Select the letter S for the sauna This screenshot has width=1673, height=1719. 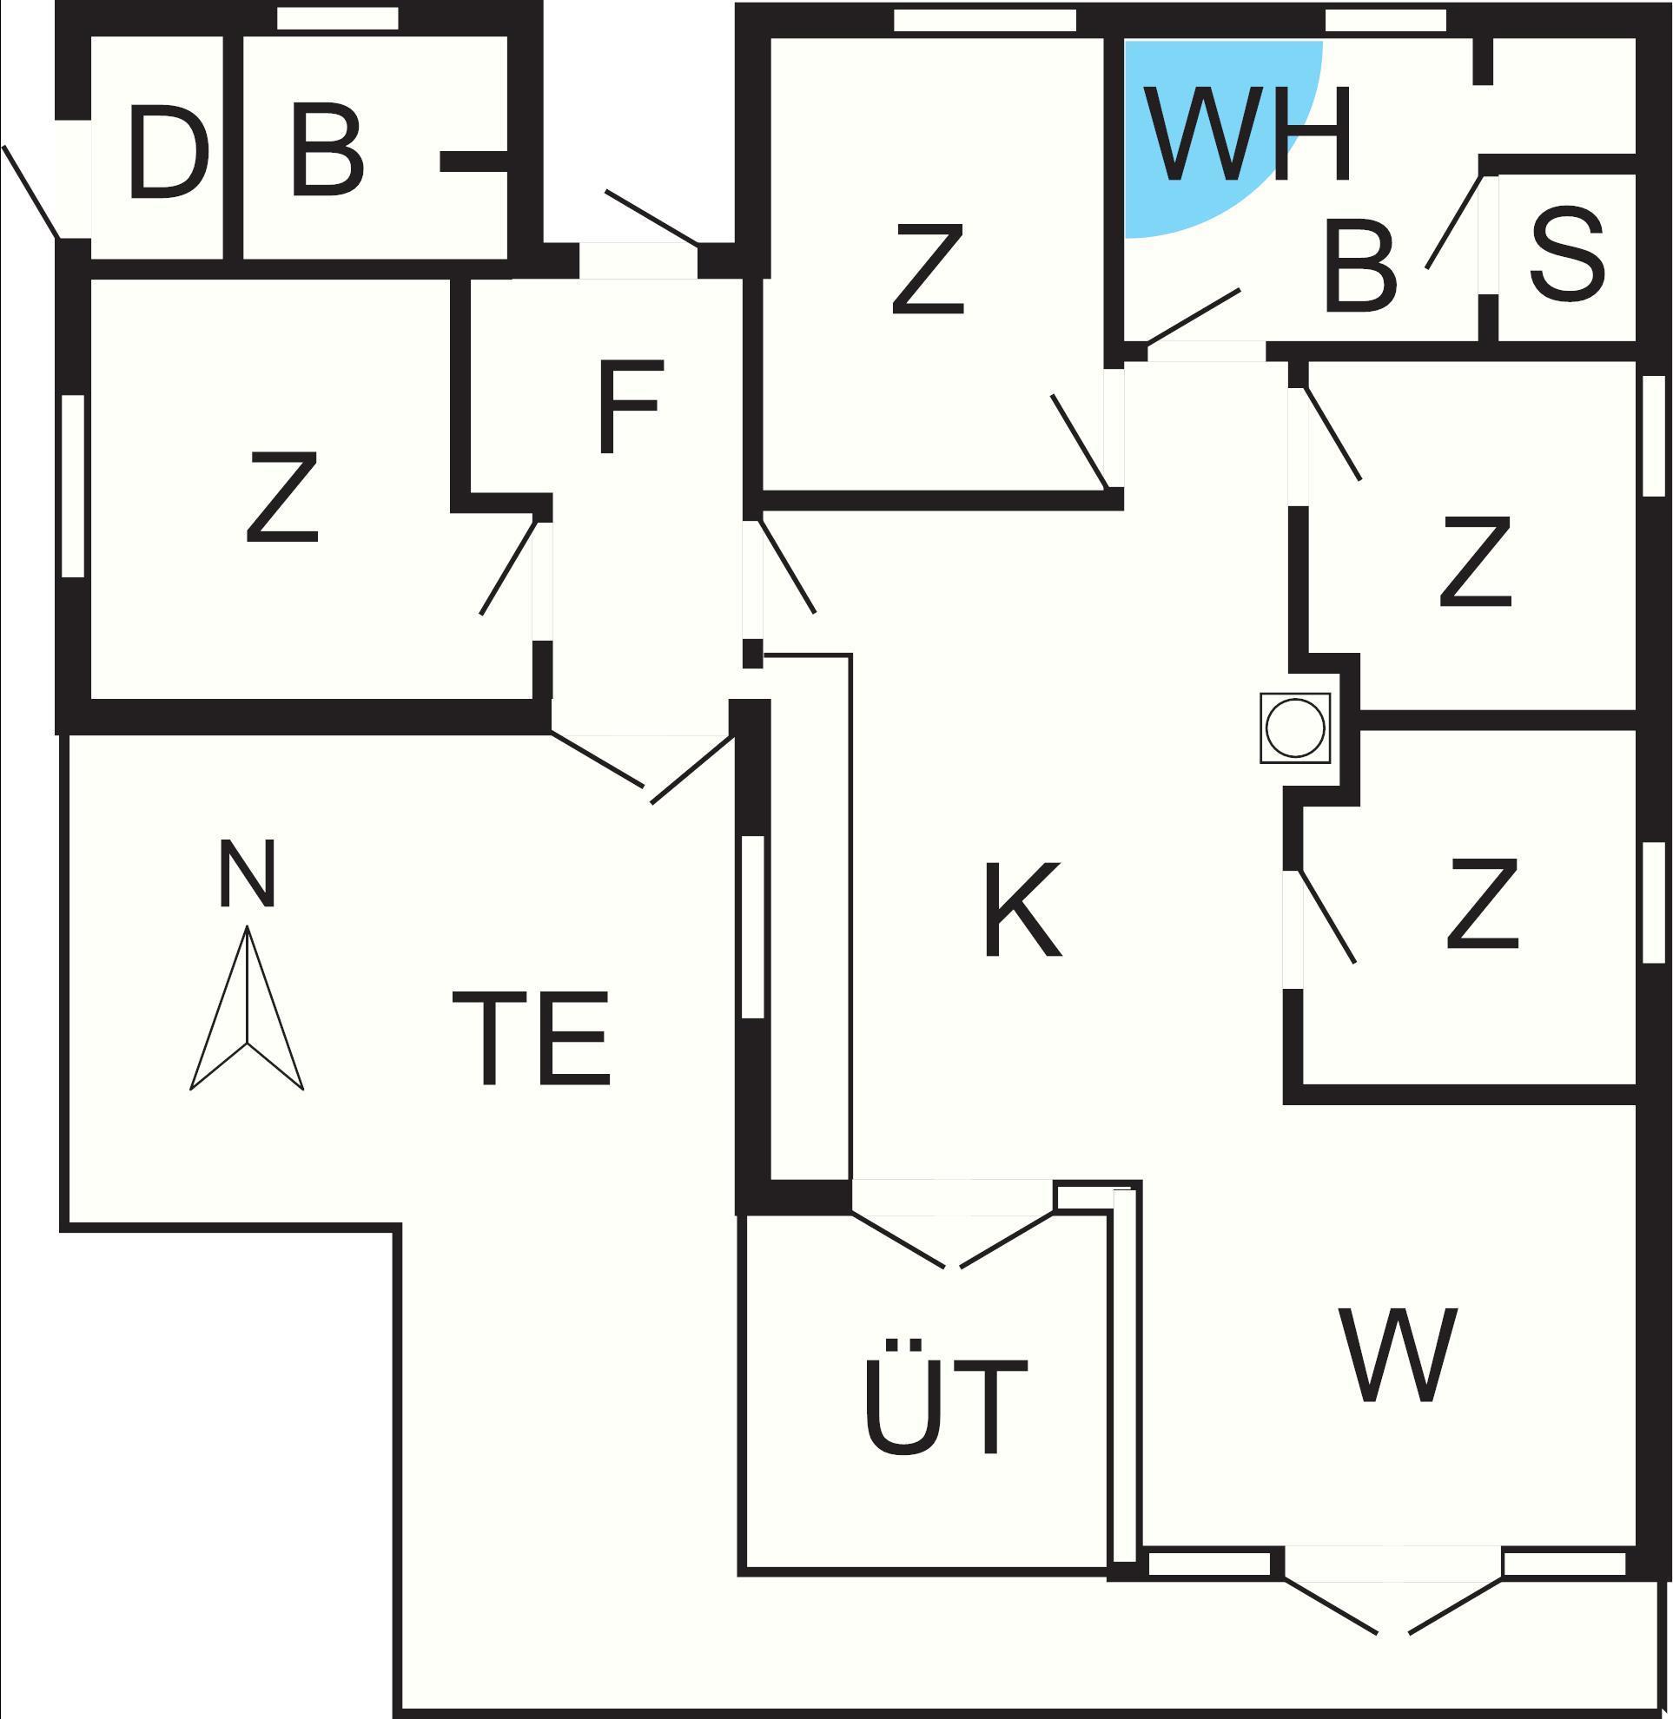coord(1568,254)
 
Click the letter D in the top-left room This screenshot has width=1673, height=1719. coord(169,152)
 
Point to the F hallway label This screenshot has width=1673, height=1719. coord(629,407)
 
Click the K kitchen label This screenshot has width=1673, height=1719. coord(1022,910)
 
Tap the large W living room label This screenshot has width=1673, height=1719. coord(1399,1355)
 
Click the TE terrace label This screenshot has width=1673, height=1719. coord(531,1037)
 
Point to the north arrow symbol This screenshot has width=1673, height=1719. coord(247,1007)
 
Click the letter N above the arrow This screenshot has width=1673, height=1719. coord(247,873)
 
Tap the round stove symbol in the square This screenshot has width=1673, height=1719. coord(1295,728)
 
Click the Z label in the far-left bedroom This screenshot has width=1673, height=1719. coord(282,497)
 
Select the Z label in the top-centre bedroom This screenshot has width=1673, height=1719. coord(928,269)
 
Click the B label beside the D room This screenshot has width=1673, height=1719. coord(327,150)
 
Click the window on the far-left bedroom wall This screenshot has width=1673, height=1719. coord(73,485)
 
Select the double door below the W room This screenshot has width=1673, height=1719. coord(1392,1589)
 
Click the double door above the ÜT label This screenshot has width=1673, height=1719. coord(953,1224)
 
